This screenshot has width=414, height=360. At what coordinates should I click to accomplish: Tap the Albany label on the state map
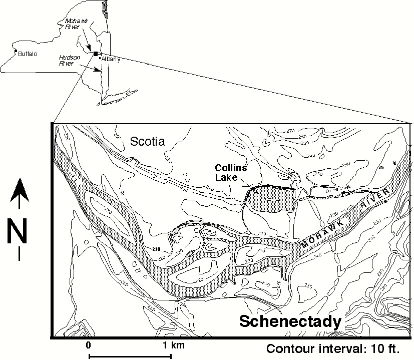point(111,59)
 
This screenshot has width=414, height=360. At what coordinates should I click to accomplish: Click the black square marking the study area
point(96,53)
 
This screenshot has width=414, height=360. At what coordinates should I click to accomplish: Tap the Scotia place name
point(147,142)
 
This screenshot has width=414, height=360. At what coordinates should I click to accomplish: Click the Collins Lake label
point(229,172)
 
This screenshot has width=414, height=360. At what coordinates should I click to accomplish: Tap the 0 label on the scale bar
point(88,345)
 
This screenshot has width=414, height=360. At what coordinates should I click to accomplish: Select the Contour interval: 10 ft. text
point(338,348)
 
